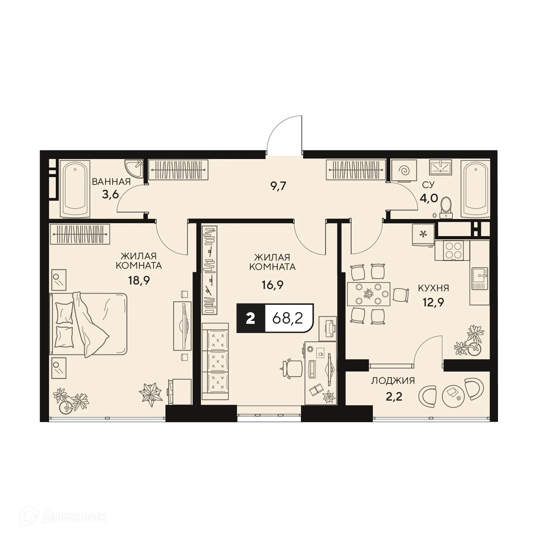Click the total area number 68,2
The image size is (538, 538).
pos(288,319)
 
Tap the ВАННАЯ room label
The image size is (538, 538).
pos(111,182)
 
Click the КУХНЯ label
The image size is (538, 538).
pos(433,288)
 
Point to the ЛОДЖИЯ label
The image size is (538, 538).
pos(393,381)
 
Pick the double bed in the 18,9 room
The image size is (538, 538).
pos(88,324)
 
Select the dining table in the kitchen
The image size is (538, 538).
pos(368,294)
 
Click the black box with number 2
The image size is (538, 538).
pos(251,319)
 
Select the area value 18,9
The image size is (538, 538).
pos(139,281)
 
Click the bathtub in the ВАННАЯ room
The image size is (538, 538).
pos(75,189)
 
